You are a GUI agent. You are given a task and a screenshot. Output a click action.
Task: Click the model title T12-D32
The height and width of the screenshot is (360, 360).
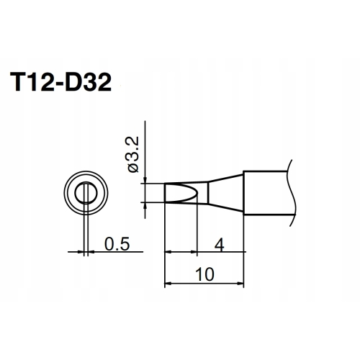pyautogui.click(x=60, y=82)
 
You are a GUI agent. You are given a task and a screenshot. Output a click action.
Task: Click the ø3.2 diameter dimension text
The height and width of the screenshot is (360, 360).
pyautogui.click(x=133, y=154)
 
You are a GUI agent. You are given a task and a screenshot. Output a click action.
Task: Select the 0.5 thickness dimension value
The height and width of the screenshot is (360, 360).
pyautogui.click(x=117, y=243)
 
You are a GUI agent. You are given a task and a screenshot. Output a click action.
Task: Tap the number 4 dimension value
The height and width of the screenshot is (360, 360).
pyautogui.click(x=220, y=245)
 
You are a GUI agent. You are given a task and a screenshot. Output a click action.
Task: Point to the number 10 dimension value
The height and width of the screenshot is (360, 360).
pyautogui.click(x=204, y=274)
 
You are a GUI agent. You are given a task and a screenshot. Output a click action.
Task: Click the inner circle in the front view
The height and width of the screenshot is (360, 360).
pyautogui.click(x=75, y=193)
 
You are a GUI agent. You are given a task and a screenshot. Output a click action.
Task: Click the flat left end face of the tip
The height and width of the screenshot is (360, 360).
pyautogui.click(x=165, y=193)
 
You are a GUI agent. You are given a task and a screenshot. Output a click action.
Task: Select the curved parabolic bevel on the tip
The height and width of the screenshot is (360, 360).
pyautogui.click(x=197, y=193)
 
